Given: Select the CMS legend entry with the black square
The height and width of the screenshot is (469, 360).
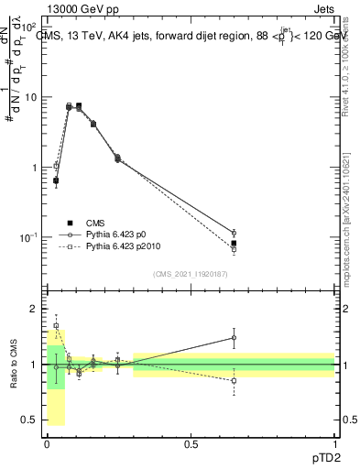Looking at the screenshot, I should pos(95,223).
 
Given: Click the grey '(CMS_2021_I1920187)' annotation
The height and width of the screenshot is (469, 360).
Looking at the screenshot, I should pos(191,273).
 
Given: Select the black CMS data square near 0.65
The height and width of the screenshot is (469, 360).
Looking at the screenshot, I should pos(234,244).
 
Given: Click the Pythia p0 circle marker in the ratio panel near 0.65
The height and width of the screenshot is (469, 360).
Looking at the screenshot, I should pos(234,338).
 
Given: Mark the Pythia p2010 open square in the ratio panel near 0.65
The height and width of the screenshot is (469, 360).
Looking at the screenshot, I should pos(234,380).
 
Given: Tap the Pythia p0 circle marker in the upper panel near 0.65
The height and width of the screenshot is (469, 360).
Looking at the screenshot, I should pos(234,233).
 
